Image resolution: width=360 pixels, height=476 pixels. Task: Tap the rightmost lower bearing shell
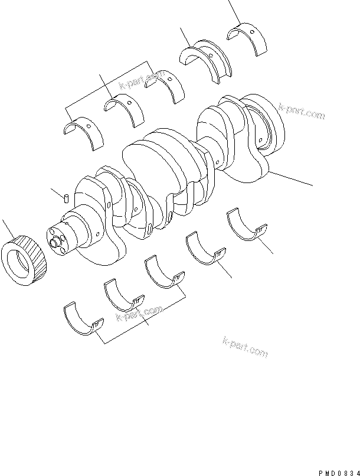coord(247,226)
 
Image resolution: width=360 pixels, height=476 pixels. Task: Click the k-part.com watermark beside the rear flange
coord(301,112)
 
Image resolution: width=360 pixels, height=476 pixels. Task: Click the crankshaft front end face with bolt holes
coord(57,240)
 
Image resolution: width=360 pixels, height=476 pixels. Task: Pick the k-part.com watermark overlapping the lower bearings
coord(139,314)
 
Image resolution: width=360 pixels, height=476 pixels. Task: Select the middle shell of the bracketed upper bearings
coord(125,109)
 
